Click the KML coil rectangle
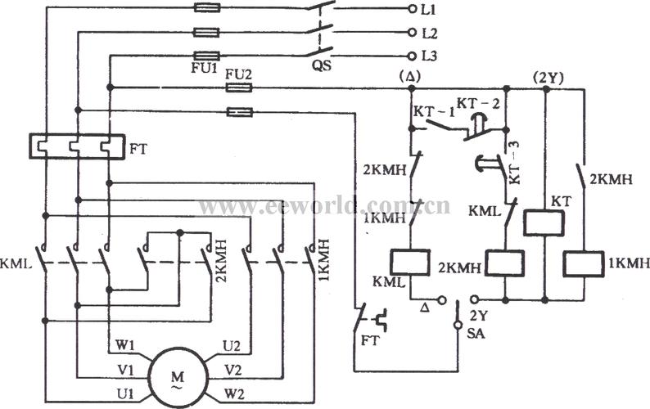408,261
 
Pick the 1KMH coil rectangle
584,263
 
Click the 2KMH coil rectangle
504,263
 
